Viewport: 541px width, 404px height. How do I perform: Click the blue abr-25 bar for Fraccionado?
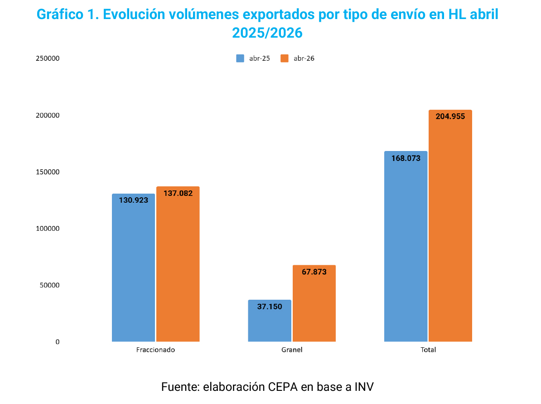coord(133,268)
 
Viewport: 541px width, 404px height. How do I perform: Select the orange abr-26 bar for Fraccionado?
coord(178,264)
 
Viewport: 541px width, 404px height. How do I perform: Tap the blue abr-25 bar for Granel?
coord(270,321)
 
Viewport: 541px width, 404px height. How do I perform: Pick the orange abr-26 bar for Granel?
coord(314,303)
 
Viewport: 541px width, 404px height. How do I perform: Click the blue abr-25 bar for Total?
coord(406,247)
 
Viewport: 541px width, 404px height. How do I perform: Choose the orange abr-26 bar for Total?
coord(450,226)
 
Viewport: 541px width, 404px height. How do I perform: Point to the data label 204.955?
coord(450,117)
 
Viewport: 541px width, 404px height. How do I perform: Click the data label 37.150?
coord(270,307)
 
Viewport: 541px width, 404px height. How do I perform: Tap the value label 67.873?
coord(314,272)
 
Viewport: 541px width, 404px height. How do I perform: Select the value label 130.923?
coord(134,200)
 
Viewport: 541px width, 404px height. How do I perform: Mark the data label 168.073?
coord(406,158)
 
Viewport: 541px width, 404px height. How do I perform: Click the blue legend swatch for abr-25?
coord(240,58)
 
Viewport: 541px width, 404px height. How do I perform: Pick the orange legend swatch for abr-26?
coord(285,58)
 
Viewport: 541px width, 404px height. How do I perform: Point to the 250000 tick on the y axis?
coord(48,58)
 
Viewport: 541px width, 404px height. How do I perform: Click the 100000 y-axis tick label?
coord(48,229)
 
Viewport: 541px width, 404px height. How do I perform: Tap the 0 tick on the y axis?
coord(57,342)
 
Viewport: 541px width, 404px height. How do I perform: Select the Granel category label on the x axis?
coord(292,350)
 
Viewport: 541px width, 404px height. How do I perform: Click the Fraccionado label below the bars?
coord(155,350)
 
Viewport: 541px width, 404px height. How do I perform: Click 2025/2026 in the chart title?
coord(267,33)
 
